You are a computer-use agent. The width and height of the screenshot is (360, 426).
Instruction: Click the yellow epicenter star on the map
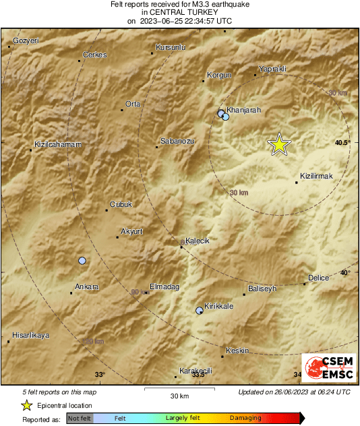278,144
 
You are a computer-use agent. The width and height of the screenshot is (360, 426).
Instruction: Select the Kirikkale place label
218,306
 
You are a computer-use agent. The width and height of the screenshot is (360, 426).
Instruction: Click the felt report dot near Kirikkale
199,311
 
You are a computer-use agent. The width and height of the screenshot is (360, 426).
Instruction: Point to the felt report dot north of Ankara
82,260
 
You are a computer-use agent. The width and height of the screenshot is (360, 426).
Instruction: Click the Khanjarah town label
244,109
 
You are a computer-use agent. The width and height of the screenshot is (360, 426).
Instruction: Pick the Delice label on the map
318,278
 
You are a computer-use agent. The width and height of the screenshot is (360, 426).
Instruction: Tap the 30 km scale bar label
179,396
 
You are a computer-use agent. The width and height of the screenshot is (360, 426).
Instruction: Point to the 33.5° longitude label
198,374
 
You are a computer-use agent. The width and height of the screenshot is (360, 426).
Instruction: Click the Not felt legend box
78,418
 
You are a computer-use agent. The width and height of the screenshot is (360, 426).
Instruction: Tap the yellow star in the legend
26,406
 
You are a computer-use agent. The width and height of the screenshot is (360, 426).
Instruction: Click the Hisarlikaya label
31,335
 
